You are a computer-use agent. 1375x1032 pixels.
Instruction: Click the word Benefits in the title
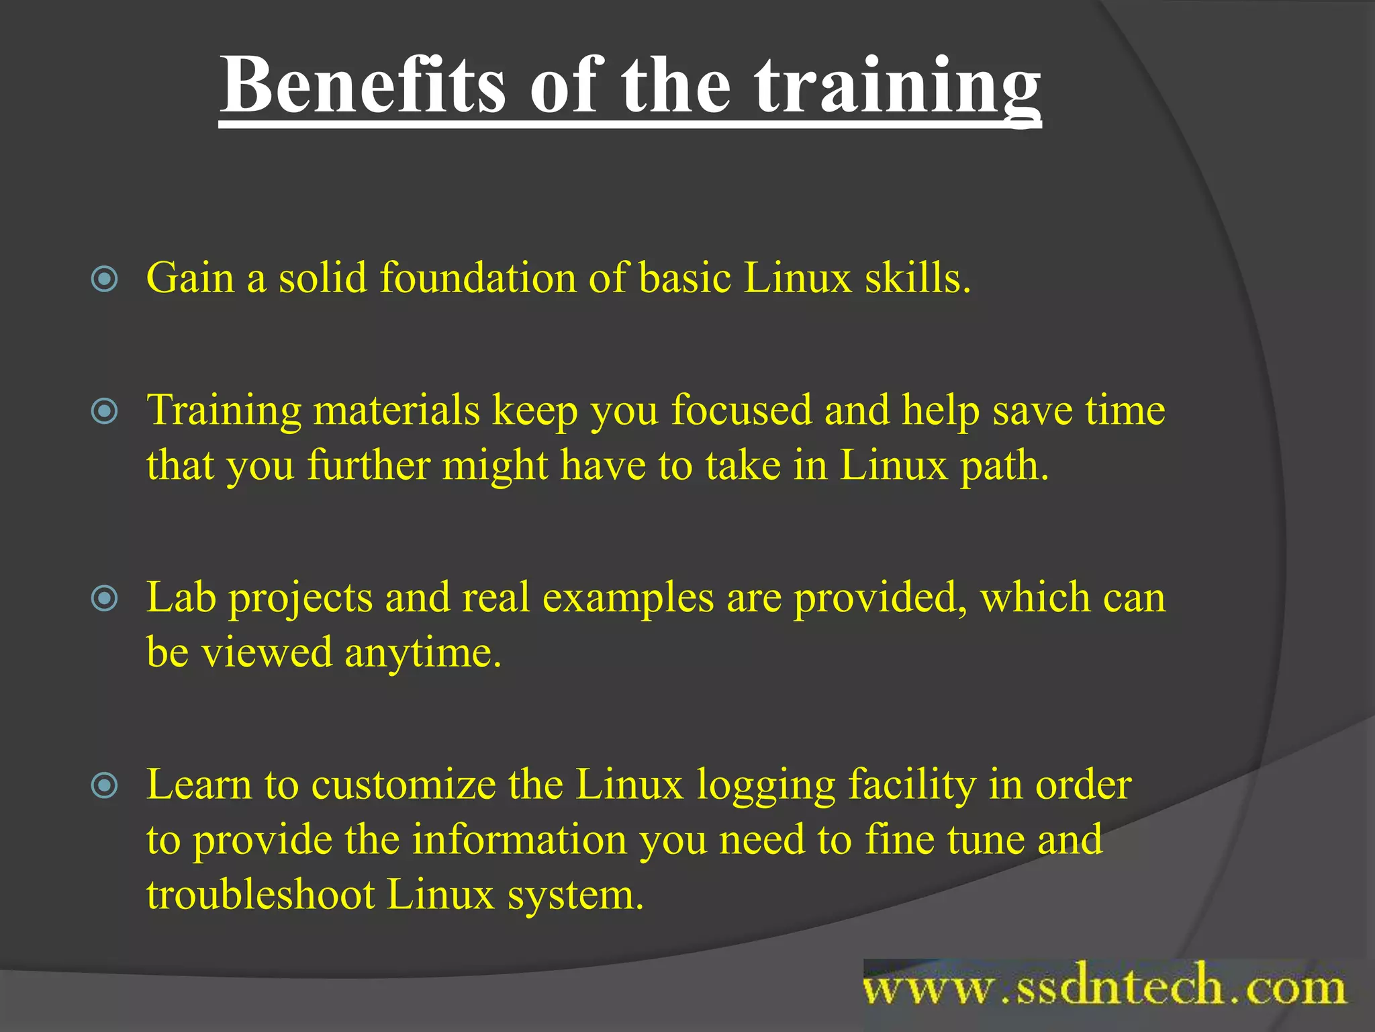pyautogui.click(x=363, y=86)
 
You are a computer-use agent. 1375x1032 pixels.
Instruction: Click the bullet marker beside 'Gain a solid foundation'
pyautogui.click(x=104, y=279)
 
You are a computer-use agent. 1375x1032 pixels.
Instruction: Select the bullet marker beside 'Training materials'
pyautogui.click(x=104, y=411)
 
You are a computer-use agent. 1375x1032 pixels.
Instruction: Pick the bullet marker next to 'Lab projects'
pyautogui.click(x=104, y=598)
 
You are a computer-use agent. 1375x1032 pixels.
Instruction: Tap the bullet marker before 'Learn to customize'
pyautogui.click(x=104, y=785)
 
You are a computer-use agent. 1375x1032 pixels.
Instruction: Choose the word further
pyautogui.click(x=369, y=465)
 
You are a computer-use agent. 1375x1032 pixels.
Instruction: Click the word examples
pyautogui.click(x=628, y=598)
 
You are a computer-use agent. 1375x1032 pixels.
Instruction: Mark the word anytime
pyautogui.click(x=423, y=653)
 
